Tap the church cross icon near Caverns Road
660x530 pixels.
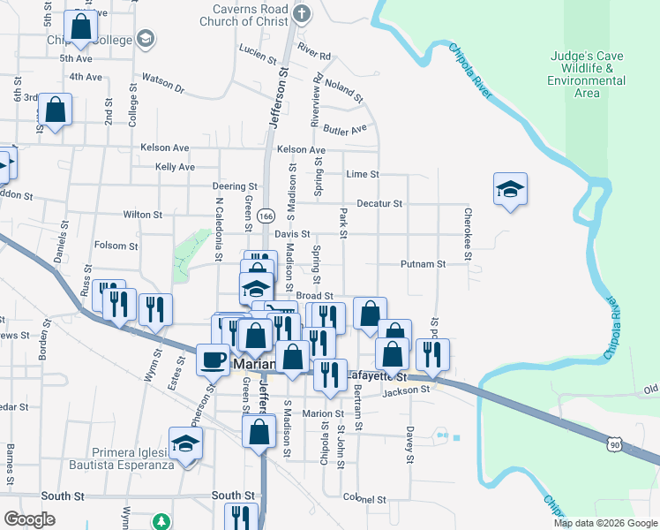pyautogui.click(x=302, y=13)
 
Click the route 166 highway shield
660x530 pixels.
pyautogui.click(x=267, y=216)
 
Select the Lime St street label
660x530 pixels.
pyautogui.click(x=362, y=174)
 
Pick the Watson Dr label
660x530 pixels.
pyautogui.click(x=162, y=88)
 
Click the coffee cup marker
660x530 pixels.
pyautogui.click(x=214, y=360)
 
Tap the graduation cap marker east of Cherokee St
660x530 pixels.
pyautogui.click(x=510, y=189)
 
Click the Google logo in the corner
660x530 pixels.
pyautogui.click(x=29, y=519)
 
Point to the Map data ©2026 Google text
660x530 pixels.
pyautogui.click(x=604, y=523)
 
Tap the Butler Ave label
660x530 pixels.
pyautogui.click(x=345, y=129)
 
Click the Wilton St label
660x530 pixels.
pyautogui.click(x=142, y=215)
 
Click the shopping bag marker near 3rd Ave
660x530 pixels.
pyautogui.click(x=55, y=110)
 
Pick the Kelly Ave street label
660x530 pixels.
pyautogui.click(x=175, y=167)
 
